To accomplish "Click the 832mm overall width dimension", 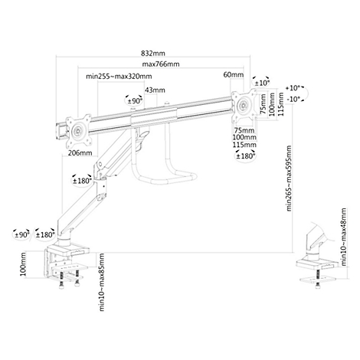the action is [x=153, y=54].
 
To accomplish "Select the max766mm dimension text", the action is [x=161, y=64].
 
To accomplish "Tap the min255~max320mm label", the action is [x=119, y=77].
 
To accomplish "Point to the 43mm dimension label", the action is [x=155, y=90].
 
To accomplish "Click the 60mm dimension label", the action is [x=234, y=75].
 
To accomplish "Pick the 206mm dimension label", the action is [x=80, y=153].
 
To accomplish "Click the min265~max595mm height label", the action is [x=289, y=178].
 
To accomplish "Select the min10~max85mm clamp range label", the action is [x=102, y=282].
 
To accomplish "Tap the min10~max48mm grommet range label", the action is [x=344, y=237].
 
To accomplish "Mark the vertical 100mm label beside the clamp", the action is [x=23, y=264].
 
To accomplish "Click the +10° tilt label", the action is [x=293, y=88].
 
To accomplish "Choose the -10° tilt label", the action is [x=293, y=99].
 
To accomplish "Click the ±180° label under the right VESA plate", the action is [x=246, y=156].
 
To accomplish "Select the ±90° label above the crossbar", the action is [x=135, y=101].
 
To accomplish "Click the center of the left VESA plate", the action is [x=78, y=131].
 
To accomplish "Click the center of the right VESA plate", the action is [x=244, y=105].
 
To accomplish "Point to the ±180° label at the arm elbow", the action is [x=82, y=181].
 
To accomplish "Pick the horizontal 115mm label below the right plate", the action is [x=244, y=145].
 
